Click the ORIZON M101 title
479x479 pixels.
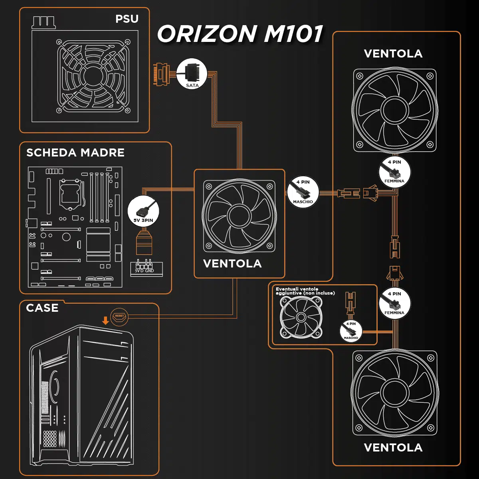[240, 34]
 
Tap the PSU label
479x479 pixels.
[127, 19]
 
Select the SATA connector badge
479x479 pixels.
[192, 74]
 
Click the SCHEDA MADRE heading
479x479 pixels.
[75, 152]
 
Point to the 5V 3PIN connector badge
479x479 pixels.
[143, 212]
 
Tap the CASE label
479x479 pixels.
[42, 308]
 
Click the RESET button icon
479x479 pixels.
[119, 316]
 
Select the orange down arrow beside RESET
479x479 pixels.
[105, 320]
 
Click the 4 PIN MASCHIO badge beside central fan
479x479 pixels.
[303, 192]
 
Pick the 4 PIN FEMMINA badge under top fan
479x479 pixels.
[394, 172]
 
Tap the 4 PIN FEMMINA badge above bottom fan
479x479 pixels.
[394, 303]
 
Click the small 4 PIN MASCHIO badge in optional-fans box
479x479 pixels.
[351, 331]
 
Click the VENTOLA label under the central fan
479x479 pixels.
[232, 263]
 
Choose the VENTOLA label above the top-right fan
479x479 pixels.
[393, 53]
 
